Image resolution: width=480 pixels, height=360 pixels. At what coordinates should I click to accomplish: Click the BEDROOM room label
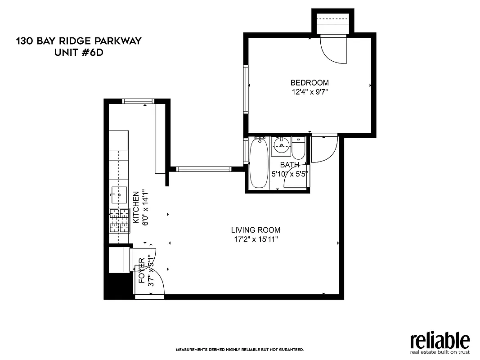click(310, 83)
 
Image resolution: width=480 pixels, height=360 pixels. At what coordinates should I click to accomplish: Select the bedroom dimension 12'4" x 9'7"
click(310, 92)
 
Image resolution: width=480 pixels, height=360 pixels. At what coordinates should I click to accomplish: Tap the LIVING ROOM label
click(256, 230)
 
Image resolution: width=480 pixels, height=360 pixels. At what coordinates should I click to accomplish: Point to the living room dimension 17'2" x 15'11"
click(256, 239)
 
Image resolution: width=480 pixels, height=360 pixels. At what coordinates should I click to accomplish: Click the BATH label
click(289, 165)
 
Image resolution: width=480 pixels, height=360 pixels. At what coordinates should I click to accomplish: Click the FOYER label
click(142, 270)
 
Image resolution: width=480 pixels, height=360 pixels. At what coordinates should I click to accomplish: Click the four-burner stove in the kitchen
click(119, 220)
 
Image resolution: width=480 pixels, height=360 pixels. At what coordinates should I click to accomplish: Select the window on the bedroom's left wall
click(246, 89)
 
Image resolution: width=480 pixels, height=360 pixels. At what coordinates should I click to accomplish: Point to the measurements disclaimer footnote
click(239, 350)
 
